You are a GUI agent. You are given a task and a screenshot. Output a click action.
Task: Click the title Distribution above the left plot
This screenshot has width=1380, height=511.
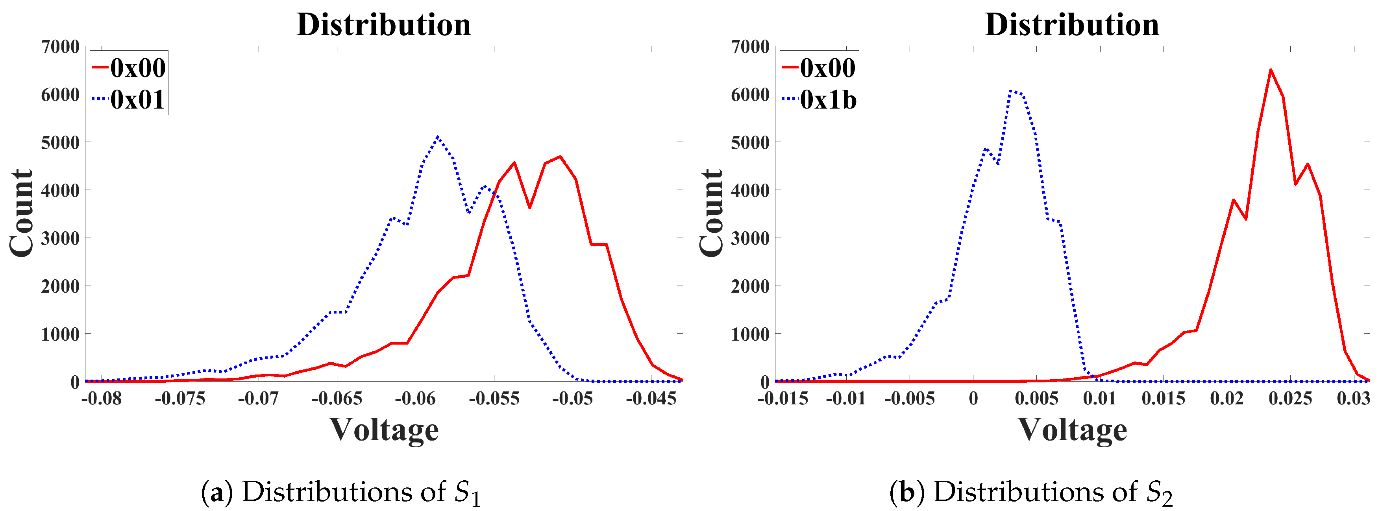pyautogui.click(x=383, y=25)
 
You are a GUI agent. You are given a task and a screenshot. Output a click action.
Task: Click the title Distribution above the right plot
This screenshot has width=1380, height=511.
pyautogui.click(x=1072, y=25)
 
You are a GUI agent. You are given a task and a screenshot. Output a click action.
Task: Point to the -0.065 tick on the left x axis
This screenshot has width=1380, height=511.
pyautogui.click(x=337, y=398)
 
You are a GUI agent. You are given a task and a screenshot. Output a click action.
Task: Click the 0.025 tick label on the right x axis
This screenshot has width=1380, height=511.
pyautogui.click(x=1290, y=398)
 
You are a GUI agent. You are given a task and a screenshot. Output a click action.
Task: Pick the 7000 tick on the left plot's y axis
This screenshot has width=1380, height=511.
pyautogui.click(x=60, y=47)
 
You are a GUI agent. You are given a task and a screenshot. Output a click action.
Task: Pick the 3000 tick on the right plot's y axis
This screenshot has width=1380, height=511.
pyautogui.click(x=750, y=238)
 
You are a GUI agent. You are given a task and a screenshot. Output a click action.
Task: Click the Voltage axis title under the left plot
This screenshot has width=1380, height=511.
pyautogui.click(x=384, y=430)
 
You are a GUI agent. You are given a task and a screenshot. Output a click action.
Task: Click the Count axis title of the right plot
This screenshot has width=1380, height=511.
pyautogui.click(x=711, y=213)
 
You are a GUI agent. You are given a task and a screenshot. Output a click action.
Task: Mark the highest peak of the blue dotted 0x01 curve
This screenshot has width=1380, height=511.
pyautogui.click(x=438, y=137)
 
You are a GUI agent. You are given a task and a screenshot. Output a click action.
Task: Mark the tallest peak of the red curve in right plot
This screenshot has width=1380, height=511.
pyautogui.click(x=1270, y=70)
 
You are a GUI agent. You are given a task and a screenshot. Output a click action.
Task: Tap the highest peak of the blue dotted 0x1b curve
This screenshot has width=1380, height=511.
pyautogui.click(x=1010, y=90)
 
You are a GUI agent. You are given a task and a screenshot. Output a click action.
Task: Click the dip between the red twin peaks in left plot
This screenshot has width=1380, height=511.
pyautogui.click(x=529, y=207)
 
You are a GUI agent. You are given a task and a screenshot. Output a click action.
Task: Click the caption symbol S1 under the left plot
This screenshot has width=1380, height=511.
pyautogui.click(x=467, y=493)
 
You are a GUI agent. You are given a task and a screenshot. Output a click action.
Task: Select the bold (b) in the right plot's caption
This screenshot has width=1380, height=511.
pyautogui.click(x=907, y=492)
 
